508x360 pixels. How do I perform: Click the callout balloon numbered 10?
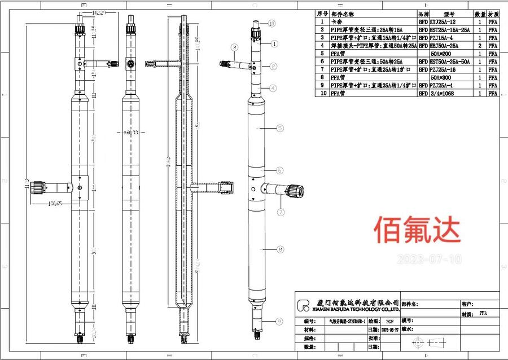click(271, 24)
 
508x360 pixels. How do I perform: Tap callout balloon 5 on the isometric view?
click(280, 129)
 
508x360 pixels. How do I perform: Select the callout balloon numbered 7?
click(280, 212)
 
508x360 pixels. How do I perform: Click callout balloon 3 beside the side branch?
click(234, 46)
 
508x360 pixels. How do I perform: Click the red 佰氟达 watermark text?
click(417, 229)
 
